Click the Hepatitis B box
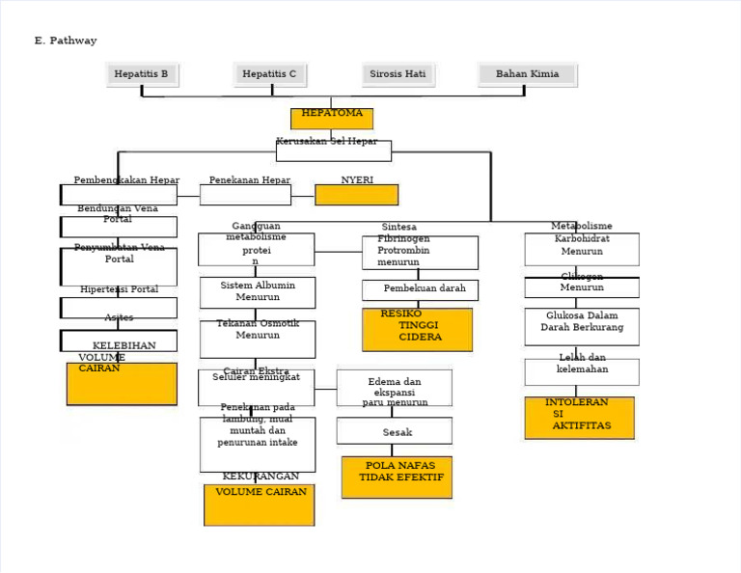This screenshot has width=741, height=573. point(142,74)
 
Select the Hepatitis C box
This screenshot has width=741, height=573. point(270,74)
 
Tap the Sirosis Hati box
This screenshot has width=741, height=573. point(398,74)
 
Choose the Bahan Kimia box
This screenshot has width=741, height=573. point(527,74)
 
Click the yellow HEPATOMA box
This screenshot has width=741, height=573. point(331,118)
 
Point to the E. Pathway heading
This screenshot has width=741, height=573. point(66,41)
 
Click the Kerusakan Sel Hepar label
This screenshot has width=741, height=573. point(327,142)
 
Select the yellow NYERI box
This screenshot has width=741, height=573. point(356,194)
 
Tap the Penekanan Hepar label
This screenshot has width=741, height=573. point(250,180)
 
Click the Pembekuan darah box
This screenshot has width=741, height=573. point(421,289)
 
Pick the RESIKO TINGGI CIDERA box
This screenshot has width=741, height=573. point(417,329)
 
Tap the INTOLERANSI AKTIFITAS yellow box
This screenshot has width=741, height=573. point(579,417)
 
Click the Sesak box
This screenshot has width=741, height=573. point(395,431)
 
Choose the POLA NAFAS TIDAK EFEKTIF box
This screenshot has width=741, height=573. point(397,477)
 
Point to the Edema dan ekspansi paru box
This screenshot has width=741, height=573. point(395,388)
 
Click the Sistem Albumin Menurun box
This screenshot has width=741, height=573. point(258,292)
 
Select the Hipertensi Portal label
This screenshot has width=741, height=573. point(119,289)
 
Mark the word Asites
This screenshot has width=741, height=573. point(119,317)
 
